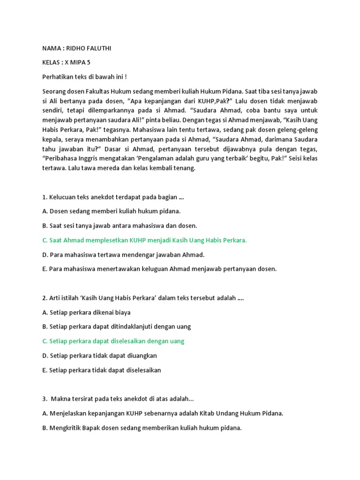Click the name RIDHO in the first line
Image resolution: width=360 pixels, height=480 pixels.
tap(76, 49)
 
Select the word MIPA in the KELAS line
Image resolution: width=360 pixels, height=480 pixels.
tap(76, 62)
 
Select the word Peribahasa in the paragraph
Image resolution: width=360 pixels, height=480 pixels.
tap(59, 159)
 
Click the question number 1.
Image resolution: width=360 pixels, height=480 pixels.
tap(44, 197)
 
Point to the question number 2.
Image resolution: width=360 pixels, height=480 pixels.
tap(44, 298)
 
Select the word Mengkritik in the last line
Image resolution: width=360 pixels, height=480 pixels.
tap(64, 427)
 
